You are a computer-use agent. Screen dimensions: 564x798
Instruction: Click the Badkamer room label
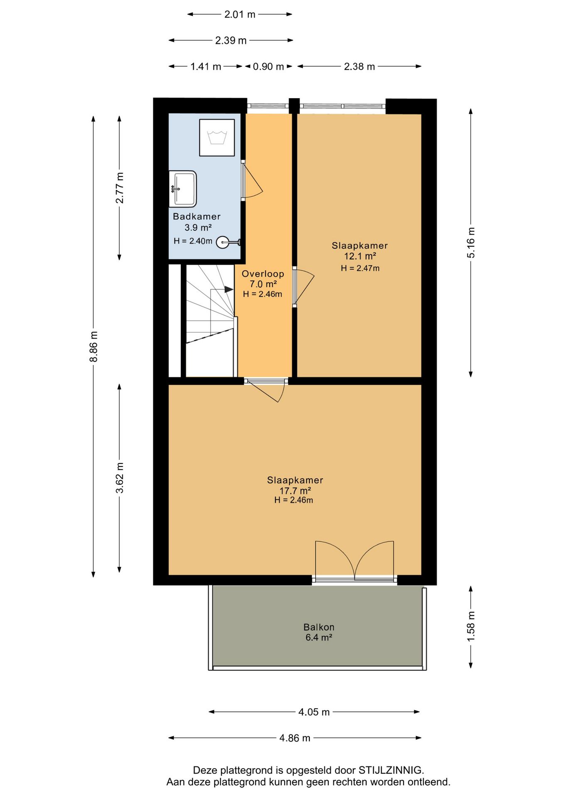pos(196,216)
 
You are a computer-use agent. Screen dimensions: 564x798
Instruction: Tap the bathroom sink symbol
pos(183,189)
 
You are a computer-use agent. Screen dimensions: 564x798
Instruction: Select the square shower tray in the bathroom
pos(217,138)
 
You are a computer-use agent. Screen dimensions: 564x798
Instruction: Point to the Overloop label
pos(263,274)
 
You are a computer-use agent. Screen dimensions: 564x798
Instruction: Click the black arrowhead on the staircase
pos(229,289)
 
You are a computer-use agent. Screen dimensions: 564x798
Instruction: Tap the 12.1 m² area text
pos(360,256)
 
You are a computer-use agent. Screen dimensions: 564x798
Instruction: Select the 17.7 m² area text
pos(295,491)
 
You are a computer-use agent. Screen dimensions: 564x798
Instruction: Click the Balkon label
pos(319,627)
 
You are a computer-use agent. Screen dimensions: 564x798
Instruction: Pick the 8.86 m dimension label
pos(94,346)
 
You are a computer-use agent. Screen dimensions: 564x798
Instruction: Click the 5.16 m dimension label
pos(471,243)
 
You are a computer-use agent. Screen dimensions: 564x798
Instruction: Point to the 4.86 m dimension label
pos(295,738)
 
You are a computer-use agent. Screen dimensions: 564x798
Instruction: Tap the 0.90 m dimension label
pos(268,66)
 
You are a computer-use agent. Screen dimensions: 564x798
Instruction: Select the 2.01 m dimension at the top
pos(240,15)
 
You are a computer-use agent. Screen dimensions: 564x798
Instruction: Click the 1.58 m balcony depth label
pos(471,627)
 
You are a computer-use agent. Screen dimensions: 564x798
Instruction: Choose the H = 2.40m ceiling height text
pos(193,241)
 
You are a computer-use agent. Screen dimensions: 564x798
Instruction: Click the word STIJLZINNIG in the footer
pos(391,770)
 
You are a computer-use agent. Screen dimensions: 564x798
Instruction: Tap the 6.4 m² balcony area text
pos(319,638)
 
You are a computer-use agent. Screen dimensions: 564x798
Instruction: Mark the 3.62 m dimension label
pos(120,478)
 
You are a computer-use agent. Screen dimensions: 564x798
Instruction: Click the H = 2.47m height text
pos(360,268)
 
